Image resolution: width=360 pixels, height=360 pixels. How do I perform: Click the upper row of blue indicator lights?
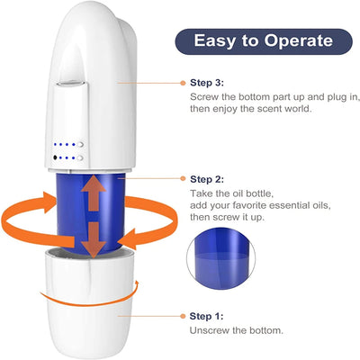(67, 143)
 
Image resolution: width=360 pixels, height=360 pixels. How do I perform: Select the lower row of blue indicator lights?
(67, 157)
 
